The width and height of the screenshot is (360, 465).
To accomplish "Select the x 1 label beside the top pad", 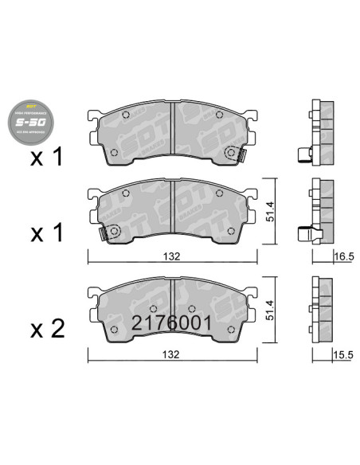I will pos(47,158).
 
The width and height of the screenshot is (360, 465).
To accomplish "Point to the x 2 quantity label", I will pos(47,327).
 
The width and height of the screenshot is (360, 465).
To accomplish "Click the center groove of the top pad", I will pos(173,131).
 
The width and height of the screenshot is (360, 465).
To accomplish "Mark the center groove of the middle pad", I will pos(173,210).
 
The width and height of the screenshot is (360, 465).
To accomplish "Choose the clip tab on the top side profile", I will pos(303,157).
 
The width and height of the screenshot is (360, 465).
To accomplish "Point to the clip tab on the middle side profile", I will pos(303,234).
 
